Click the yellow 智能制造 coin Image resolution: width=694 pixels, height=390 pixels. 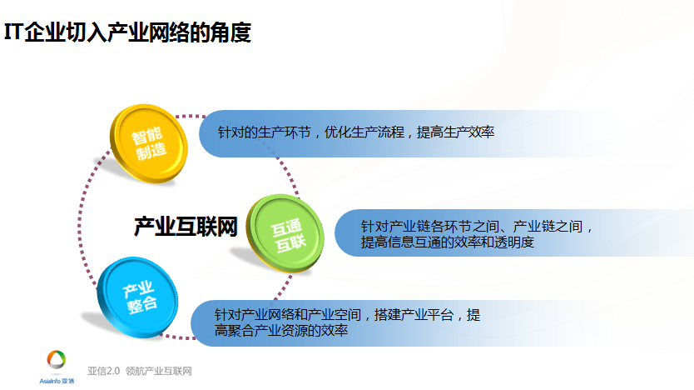pyautogui.click(x=149, y=143)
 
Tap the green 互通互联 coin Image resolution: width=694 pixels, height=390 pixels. pyautogui.click(x=285, y=233)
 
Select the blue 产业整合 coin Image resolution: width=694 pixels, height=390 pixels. pyautogui.click(x=137, y=297)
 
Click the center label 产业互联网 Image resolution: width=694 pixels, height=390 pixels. pyautogui.click(x=186, y=227)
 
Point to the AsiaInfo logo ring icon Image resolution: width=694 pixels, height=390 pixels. pyautogui.click(x=57, y=359)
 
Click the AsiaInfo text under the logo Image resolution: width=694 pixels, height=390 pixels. pyautogui.click(x=50, y=381)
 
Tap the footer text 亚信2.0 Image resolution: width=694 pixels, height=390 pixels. pyautogui.click(x=103, y=371)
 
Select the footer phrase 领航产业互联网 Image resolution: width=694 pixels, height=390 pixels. pyautogui.click(x=158, y=371)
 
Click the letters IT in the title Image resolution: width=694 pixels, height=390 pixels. pyautogui.click(x=13, y=32)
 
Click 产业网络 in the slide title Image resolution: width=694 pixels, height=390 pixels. pyautogui.click(x=147, y=32)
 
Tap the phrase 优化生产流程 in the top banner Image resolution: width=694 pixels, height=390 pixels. pyautogui.click(x=364, y=132)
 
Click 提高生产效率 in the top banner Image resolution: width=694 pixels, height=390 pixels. pyautogui.click(x=455, y=132)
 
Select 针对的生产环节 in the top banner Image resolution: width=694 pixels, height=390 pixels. pyautogui.click(x=264, y=132)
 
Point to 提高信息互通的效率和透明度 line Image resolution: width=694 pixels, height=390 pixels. pyautogui.click(x=448, y=242)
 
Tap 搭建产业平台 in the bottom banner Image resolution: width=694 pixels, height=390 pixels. pyautogui.click(x=414, y=315)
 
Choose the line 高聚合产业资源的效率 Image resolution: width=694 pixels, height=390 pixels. pyautogui.click(x=281, y=330)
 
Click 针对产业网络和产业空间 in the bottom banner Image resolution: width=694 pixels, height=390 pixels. pyautogui.click(x=288, y=315)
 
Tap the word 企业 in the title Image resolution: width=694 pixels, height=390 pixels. pyautogui.click(x=45, y=32)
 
